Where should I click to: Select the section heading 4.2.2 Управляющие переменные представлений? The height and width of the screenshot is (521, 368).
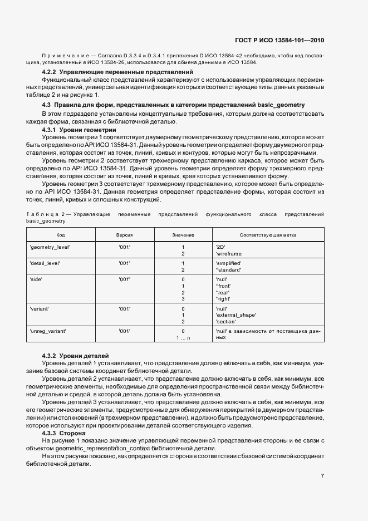117,72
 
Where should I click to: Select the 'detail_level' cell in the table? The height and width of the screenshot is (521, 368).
44,262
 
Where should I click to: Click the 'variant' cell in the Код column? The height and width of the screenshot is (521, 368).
38,308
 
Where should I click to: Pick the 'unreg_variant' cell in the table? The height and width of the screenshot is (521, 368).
47,331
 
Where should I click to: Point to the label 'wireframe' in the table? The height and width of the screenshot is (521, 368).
228,254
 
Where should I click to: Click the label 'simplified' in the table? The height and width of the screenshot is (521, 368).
228,262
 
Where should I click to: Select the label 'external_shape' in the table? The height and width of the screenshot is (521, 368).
235,314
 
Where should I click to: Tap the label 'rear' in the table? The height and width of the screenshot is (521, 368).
223,292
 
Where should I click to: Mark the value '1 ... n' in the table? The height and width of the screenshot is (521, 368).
183,338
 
